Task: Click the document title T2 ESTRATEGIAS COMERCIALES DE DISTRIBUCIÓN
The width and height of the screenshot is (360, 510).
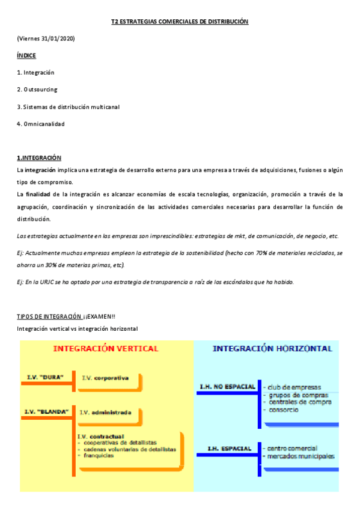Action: pos(180,22)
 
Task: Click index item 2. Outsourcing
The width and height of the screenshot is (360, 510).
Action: pos(37,90)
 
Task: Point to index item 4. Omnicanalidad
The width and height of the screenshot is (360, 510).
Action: pos(40,124)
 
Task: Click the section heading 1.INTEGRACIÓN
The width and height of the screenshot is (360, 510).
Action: pos(39,158)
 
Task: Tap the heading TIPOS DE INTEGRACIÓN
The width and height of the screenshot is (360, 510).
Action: pos(49,316)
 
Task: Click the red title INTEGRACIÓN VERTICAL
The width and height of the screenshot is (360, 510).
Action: pos(106,348)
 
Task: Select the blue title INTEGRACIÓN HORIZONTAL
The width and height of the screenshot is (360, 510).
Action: pos(272,348)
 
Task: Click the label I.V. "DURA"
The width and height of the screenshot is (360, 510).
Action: pos(45,378)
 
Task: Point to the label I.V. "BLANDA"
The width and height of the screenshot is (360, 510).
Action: pos(46,411)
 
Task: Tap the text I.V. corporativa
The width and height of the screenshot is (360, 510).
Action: pos(105,378)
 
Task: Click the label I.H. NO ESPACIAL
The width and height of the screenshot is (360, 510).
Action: pos(227,386)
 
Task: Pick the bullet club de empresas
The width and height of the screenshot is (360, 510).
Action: pos(294,387)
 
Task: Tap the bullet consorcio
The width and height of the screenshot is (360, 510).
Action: pos(282,410)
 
